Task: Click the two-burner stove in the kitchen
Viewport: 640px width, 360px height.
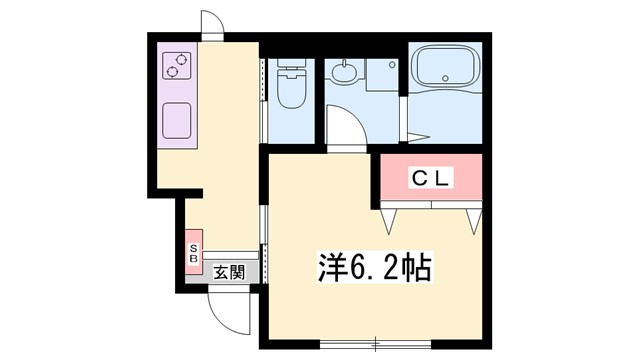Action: click(176, 65)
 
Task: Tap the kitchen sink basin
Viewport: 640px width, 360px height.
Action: click(177, 119)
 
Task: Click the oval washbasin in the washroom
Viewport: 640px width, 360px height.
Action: click(344, 72)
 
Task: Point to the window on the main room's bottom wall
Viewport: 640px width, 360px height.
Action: click(376, 342)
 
